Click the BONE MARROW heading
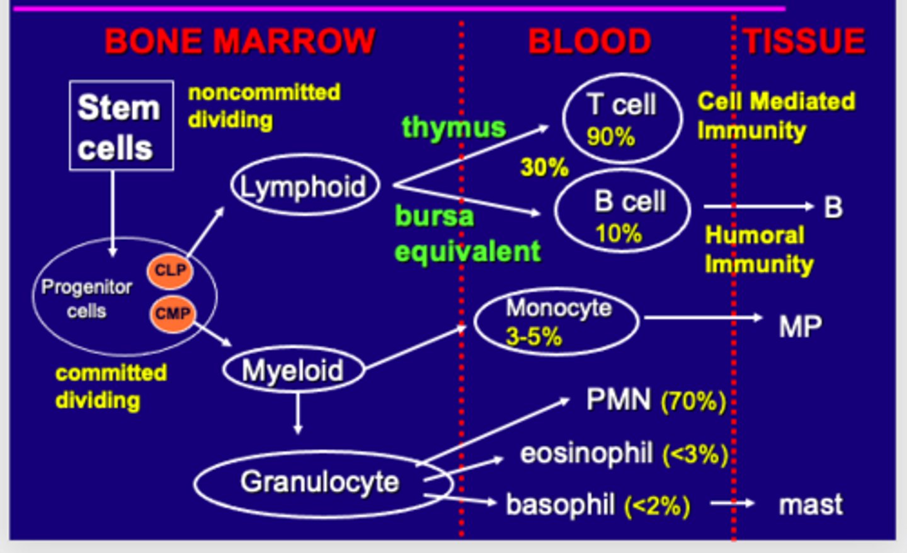[x=239, y=42]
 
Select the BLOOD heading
[x=589, y=42]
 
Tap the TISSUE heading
[x=804, y=42]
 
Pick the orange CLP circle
[x=170, y=270]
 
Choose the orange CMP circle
[x=173, y=313]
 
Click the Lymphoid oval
[x=305, y=186]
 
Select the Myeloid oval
[x=293, y=370]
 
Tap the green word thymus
[x=453, y=127]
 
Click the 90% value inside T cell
[x=610, y=136]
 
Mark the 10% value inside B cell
[x=618, y=234]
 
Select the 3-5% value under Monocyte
[x=533, y=337]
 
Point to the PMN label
[x=618, y=400]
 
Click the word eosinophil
[x=586, y=453]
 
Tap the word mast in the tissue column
[x=810, y=505]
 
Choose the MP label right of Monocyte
[x=800, y=327]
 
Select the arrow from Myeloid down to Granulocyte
[x=297, y=413]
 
